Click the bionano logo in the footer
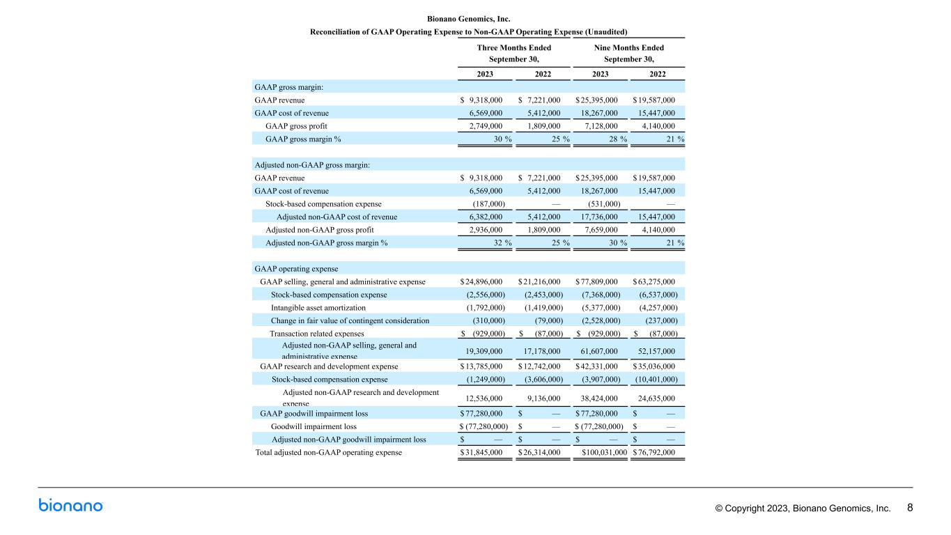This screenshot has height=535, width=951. click(x=70, y=506)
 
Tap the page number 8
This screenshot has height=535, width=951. click(x=910, y=508)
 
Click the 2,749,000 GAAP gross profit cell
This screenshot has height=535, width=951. click(x=486, y=126)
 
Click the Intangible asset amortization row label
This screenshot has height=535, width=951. click(x=318, y=308)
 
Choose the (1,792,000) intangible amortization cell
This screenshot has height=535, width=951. click(x=486, y=308)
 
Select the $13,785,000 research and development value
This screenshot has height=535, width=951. click(x=481, y=366)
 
